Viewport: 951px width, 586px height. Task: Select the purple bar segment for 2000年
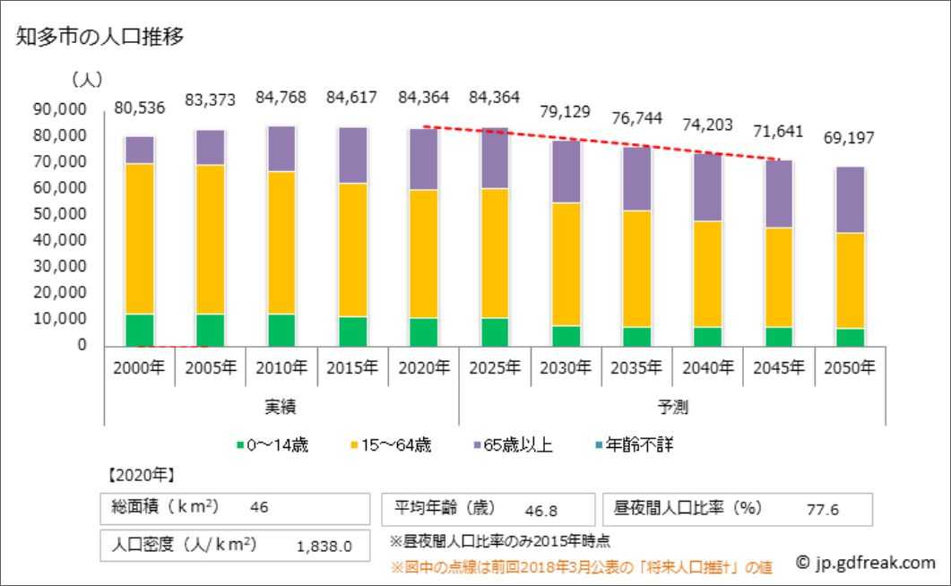139,150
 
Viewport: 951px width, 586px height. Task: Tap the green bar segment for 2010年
281,329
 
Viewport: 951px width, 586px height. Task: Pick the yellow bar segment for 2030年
566,263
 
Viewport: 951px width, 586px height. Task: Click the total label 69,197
849,139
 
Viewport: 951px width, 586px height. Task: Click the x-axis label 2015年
352,367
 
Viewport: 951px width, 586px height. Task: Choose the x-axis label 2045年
779,367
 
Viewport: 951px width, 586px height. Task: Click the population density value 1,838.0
324,546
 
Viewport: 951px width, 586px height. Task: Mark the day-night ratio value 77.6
822,510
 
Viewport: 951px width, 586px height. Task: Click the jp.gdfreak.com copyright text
865,563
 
